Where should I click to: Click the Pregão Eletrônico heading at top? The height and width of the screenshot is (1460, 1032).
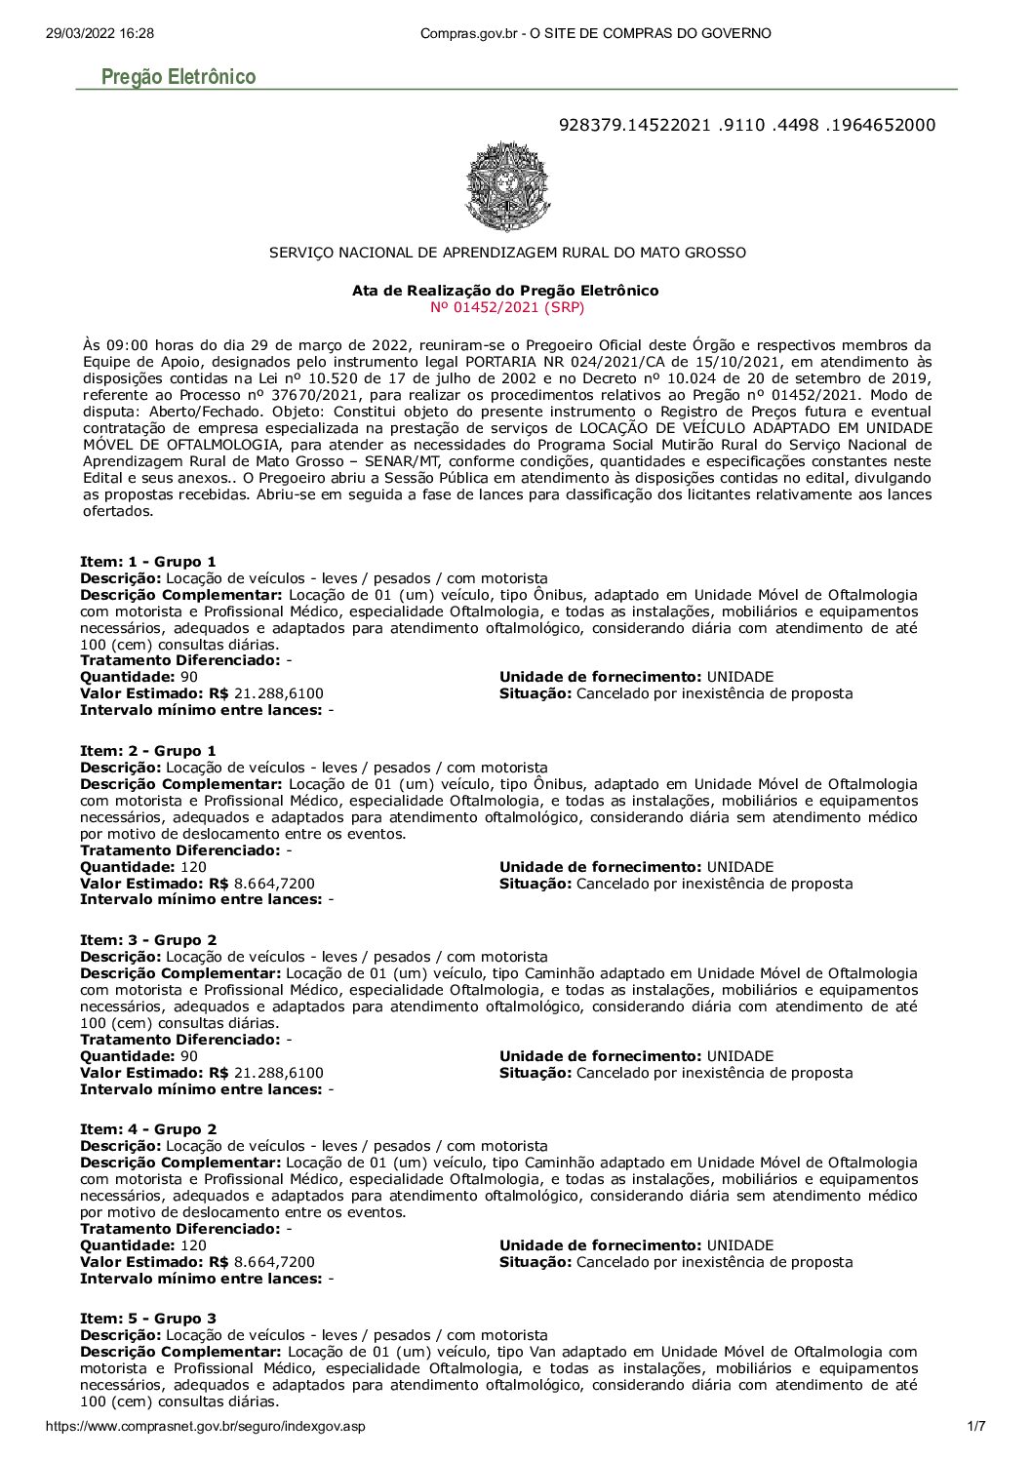(179, 77)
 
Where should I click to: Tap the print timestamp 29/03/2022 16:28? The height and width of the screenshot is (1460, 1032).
(99, 33)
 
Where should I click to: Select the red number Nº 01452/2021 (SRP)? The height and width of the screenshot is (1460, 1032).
(507, 307)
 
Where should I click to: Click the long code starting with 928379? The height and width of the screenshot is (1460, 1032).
(746, 125)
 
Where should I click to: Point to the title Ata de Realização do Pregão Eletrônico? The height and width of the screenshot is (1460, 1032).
(505, 291)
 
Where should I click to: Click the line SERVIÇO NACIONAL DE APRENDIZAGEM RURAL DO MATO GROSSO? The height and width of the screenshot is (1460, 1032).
(507, 253)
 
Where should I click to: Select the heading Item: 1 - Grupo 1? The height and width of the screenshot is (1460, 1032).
(148, 562)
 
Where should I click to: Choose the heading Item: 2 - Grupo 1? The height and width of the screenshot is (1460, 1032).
(148, 751)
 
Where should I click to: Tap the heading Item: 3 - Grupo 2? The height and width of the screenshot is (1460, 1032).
(148, 940)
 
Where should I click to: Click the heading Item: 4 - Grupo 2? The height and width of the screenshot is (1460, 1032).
(148, 1129)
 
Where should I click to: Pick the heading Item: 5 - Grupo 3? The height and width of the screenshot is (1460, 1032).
(148, 1319)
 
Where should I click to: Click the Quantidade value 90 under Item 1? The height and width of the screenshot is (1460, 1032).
(189, 677)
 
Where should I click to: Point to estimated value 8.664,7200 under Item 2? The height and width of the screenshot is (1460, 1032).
(274, 884)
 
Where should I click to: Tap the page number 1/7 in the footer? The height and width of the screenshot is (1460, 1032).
(975, 1427)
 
